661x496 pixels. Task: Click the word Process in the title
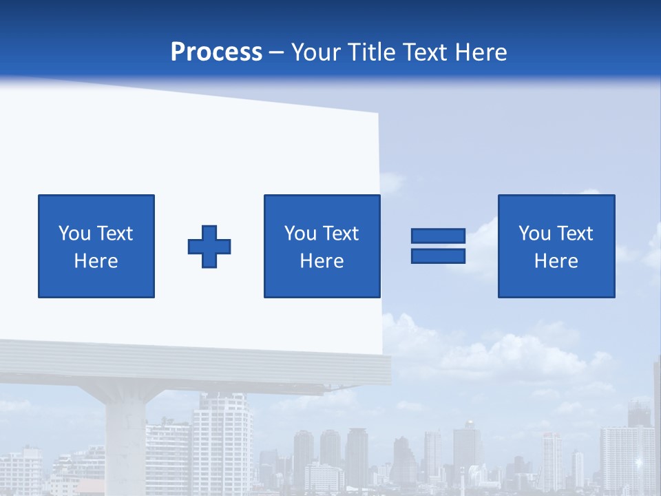(x=216, y=52)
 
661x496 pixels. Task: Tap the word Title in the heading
(x=373, y=52)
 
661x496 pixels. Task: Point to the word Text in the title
(x=423, y=52)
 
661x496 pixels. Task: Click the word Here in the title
(x=481, y=52)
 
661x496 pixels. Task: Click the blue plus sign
(x=209, y=247)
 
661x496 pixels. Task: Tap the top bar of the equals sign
(x=438, y=236)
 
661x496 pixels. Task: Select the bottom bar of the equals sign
(x=438, y=256)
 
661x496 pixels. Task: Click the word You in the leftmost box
(x=74, y=234)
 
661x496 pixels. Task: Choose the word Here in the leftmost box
(x=96, y=261)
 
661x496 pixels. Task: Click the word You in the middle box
(x=300, y=234)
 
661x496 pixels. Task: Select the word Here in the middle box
(x=322, y=261)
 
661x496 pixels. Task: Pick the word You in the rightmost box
(x=534, y=234)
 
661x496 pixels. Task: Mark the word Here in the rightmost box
(x=556, y=261)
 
